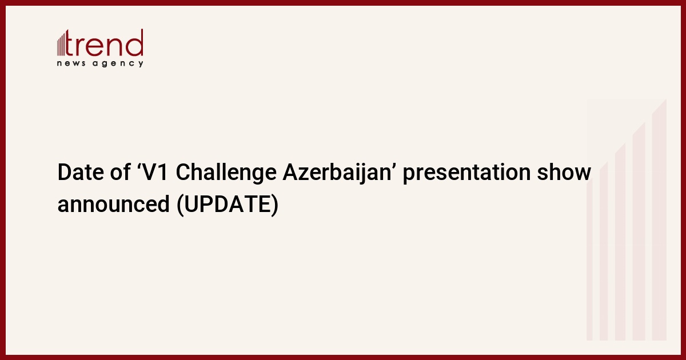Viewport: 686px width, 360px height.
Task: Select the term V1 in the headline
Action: (155, 172)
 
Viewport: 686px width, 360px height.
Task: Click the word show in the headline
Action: (564, 171)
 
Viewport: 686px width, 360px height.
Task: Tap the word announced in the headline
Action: (114, 204)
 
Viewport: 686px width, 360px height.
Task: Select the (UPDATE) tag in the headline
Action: (228, 205)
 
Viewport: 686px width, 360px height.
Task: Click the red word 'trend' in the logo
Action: (104, 43)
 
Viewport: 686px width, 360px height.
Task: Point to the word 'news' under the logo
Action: (71, 63)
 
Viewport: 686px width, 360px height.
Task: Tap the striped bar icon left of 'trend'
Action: (61, 44)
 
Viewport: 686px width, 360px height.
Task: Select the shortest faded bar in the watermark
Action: (589, 260)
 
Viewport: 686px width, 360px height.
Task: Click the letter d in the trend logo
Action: (135, 43)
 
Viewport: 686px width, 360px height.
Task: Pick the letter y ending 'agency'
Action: (141, 64)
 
